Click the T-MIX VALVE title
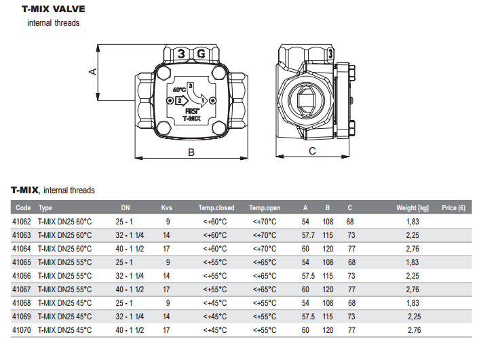click(x=54, y=9)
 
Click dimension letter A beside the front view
click(x=92, y=72)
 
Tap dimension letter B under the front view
click(x=191, y=153)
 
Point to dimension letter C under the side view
click(x=313, y=151)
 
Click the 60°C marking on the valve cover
click(x=179, y=90)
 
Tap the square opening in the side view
click(x=306, y=100)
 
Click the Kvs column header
click(x=166, y=208)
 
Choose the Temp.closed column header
click(x=216, y=208)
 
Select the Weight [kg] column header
click(x=413, y=208)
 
